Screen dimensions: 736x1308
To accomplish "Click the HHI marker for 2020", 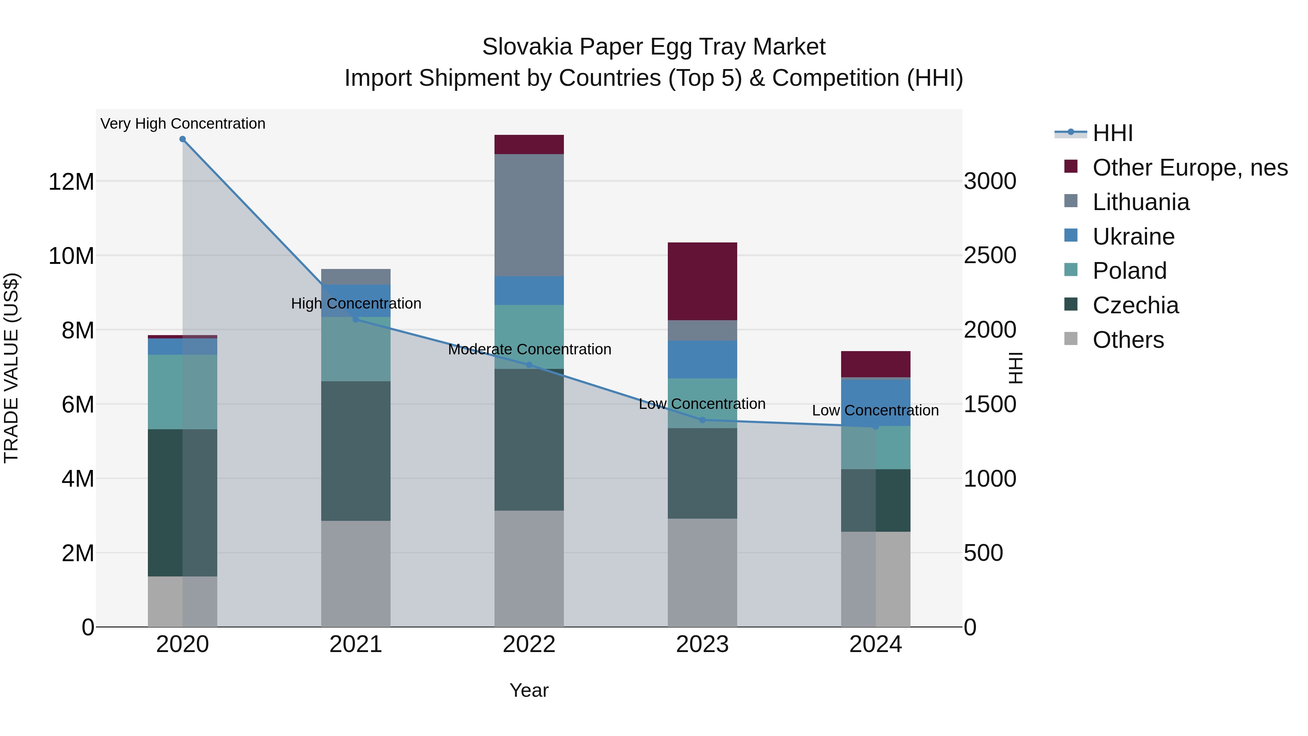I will (x=182, y=139).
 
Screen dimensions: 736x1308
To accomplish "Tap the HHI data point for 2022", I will (x=529, y=365).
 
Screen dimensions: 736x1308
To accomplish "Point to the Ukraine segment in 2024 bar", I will (x=875, y=402).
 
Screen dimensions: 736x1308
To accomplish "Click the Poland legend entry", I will (x=1129, y=271).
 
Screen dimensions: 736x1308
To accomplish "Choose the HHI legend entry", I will (x=1112, y=133).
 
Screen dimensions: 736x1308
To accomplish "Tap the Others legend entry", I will (x=1127, y=340).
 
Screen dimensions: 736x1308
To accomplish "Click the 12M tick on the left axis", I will (x=71, y=181).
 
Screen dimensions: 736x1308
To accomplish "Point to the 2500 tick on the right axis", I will (x=990, y=256).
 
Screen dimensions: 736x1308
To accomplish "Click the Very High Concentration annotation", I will (x=183, y=124).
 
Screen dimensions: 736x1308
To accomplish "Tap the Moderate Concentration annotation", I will (x=529, y=349).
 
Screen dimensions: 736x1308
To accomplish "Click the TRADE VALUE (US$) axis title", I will (x=12, y=368).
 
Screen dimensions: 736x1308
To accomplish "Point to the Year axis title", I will (x=529, y=690).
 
